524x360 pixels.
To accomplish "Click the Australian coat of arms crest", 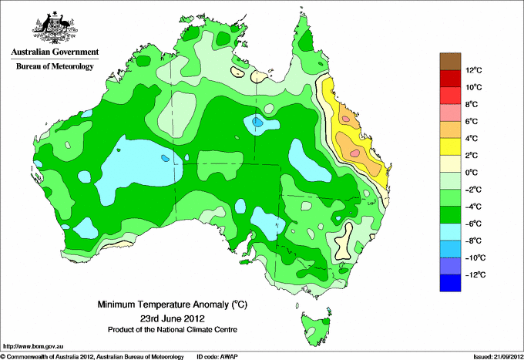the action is click(55, 28).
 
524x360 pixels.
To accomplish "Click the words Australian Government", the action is click(55, 52).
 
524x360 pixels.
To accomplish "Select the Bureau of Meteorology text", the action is click(55, 66).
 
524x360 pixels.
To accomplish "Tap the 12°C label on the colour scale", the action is click(474, 70).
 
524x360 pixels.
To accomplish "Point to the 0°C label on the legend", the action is click(472, 173).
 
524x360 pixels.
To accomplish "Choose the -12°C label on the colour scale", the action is click(475, 274).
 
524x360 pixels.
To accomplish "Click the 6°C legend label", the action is click(472, 121).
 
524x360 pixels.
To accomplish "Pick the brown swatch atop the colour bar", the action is click(450, 62).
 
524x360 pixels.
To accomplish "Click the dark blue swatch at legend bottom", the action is click(450, 283).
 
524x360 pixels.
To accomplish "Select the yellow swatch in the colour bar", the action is click(450, 146).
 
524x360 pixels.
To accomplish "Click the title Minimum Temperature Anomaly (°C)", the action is click(173, 304).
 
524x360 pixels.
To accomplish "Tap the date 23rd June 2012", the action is click(173, 318).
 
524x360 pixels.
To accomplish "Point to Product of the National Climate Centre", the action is click(173, 330).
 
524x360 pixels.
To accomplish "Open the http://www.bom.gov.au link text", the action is click(33, 347).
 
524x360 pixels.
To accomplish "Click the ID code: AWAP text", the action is click(217, 357).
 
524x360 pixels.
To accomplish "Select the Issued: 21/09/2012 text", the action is click(499, 357).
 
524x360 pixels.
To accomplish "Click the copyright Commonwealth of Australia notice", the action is click(92, 357).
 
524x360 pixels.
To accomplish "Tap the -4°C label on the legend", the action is click(473, 207).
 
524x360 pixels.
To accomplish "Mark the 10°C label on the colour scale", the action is click(474, 87).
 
